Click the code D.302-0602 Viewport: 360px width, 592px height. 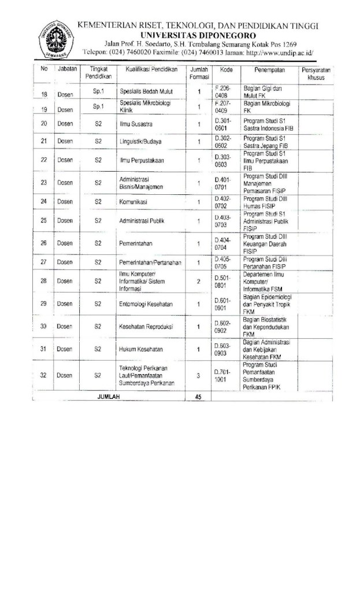click(x=223, y=142)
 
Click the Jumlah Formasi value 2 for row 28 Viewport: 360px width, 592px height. click(x=198, y=282)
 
